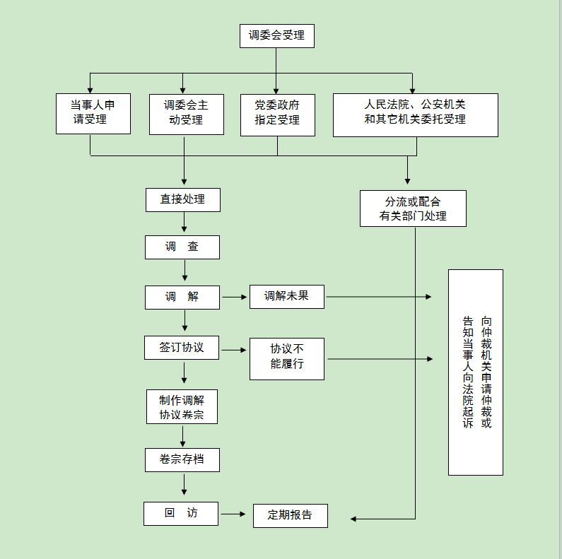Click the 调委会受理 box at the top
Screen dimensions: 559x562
pyautogui.click(x=276, y=35)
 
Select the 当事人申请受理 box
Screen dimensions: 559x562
pyautogui.click(x=93, y=113)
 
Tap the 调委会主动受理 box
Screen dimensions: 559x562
pyautogui.click(x=187, y=113)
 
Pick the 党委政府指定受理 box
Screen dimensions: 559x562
pyautogui.click(x=277, y=113)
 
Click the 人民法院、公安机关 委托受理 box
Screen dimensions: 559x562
pyautogui.click(x=415, y=113)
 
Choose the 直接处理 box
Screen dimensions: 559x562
pyautogui.click(x=183, y=199)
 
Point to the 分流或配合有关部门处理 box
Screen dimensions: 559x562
pyautogui.click(x=413, y=208)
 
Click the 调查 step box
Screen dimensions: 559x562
pyautogui.click(x=182, y=247)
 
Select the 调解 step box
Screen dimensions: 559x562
pyautogui.click(x=182, y=297)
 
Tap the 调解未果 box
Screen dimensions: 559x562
pyautogui.click(x=286, y=297)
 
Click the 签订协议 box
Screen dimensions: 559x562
pyautogui.click(x=182, y=348)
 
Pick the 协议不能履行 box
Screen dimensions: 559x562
pyautogui.click(x=286, y=358)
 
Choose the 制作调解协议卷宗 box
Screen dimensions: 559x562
pyautogui.click(x=182, y=406)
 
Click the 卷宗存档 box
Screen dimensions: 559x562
pyautogui.click(x=182, y=460)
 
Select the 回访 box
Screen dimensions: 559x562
pyautogui.click(x=181, y=513)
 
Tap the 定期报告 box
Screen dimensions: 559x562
pyautogui.click(x=291, y=515)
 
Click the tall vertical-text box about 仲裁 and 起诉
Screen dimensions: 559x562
pyautogui.click(x=475, y=372)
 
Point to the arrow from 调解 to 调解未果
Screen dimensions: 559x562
pyautogui.click(x=235, y=297)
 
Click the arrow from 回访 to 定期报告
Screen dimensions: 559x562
pyautogui.click(x=234, y=514)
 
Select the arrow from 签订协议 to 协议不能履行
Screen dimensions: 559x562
pyautogui.click(x=234, y=348)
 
